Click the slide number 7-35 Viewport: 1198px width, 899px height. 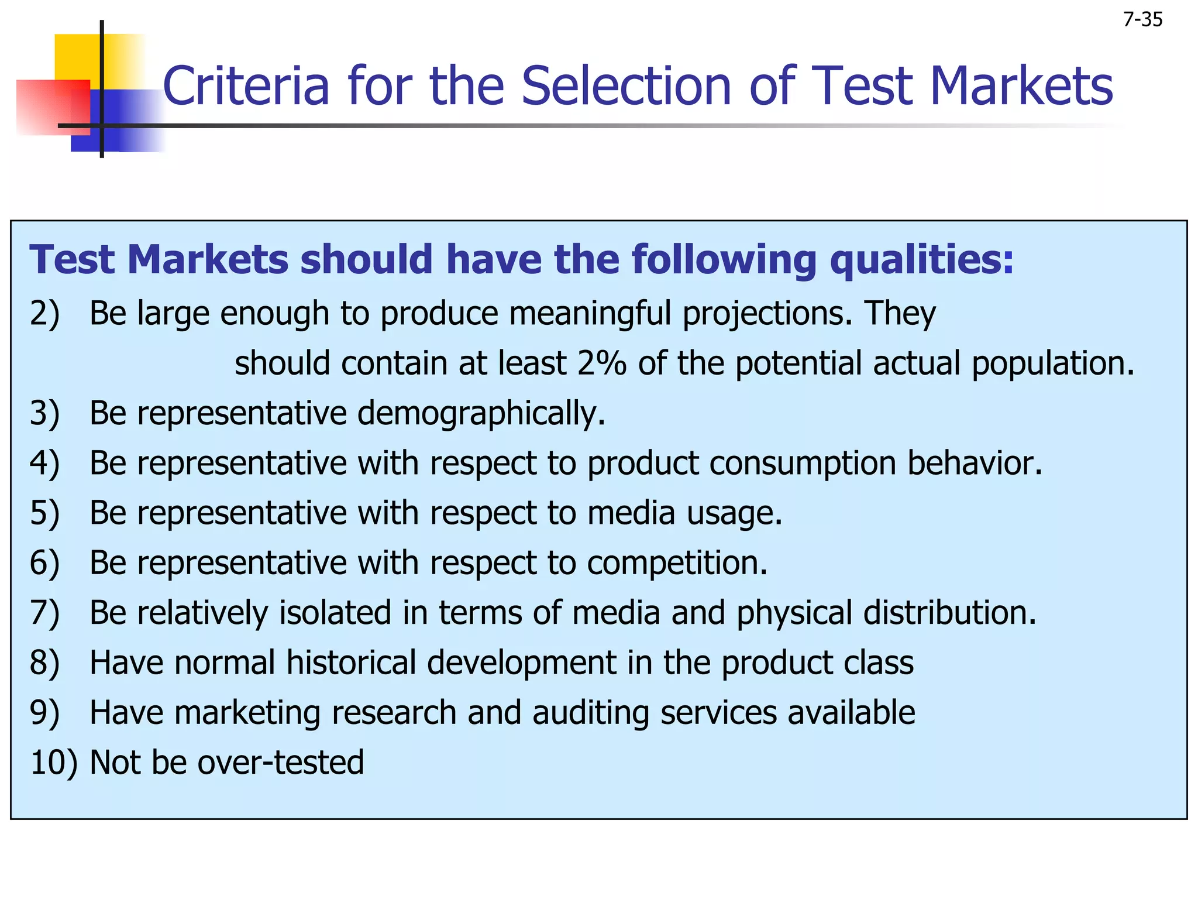[1142, 20]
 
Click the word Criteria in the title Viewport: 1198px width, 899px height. [246, 86]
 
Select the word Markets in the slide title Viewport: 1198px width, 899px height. [1021, 86]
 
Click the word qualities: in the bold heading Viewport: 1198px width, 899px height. [921, 260]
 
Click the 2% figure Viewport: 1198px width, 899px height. [601, 363]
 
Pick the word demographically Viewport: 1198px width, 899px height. [481, 414]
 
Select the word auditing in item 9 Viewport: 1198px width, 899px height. [590, 713]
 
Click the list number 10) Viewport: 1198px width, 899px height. [53, 763]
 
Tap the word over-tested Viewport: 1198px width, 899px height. [280, 763]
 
